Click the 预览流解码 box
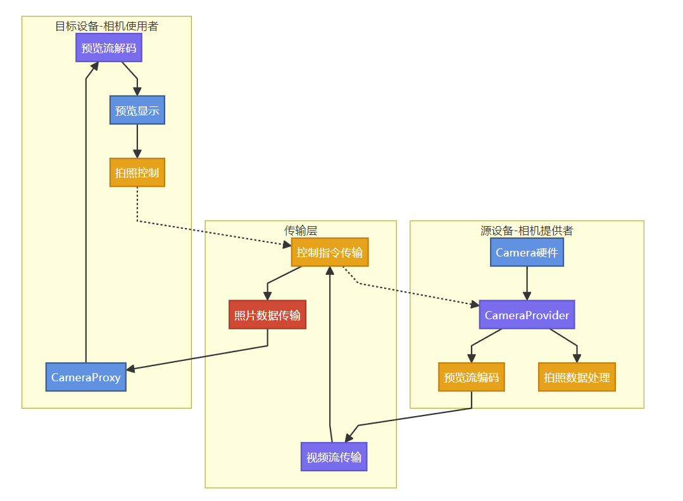point(109,48)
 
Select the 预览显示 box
point(137,110)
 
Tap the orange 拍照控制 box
point(137,172)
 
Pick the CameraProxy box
point(86,377)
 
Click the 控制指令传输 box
point(330,252)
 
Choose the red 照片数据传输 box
point(268,314)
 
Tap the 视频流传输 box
point(334,457)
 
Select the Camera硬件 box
point(527,252)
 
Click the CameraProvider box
point(527,314)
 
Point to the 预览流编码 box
point(472,377)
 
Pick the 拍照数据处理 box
point(577,377)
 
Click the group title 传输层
point(301,230)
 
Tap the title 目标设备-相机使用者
point(107,26)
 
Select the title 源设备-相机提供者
point(527,230)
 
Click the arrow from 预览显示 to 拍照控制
point(137,141)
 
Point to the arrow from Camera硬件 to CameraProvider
point(527,283)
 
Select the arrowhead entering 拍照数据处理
point(577,358)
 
